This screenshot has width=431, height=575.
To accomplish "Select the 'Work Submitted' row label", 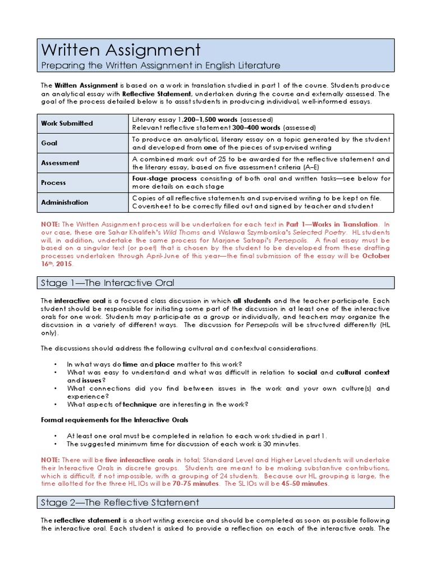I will [67, 124].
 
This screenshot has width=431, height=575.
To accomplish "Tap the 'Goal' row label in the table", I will [49, 143].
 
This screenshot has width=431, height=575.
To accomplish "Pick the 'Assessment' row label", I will [60, 163].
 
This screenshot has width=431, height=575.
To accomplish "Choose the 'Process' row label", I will [53, 182].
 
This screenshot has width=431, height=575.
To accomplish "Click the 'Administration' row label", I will [65, 202].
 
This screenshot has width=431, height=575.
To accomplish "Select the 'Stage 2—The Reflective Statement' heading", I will [120, 502].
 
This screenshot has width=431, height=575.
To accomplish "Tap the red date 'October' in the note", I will [377, 255].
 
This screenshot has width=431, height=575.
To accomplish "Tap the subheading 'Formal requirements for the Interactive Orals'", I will [115, 419].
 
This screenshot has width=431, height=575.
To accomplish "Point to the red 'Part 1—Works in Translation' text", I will [332, 224].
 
